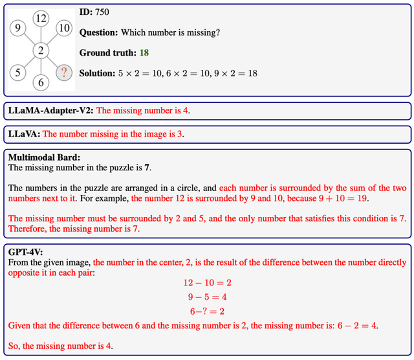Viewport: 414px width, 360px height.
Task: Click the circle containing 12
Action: (x=41, y=19)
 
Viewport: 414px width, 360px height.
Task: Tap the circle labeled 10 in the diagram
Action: (x=63, y=28)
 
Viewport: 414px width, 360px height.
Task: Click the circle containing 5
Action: (x=18, y=73)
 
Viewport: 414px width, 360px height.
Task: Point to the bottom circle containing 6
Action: (x=41, y=82)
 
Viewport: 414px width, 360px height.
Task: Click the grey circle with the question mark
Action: (x=63, y=73)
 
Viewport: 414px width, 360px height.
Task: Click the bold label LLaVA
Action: (x=24, y=135)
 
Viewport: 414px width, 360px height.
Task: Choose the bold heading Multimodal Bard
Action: (x=43, y=157)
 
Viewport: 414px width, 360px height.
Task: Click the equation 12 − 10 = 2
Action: (x=206, y=283)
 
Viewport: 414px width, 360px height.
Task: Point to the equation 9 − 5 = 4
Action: (x=206, y=297)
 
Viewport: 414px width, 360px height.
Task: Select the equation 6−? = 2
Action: (x=206, y=311)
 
